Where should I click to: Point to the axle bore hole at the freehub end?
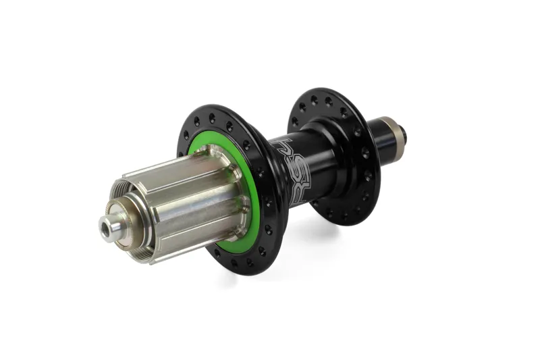[105, 230]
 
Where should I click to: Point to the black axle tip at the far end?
[407, 130]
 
